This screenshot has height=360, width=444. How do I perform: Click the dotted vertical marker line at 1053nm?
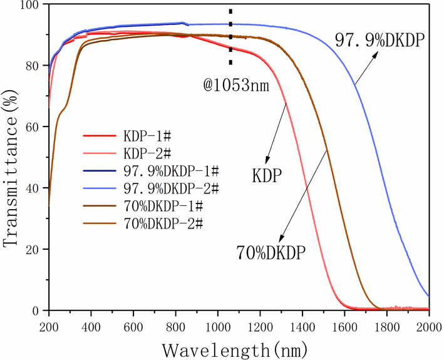[230, 38]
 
